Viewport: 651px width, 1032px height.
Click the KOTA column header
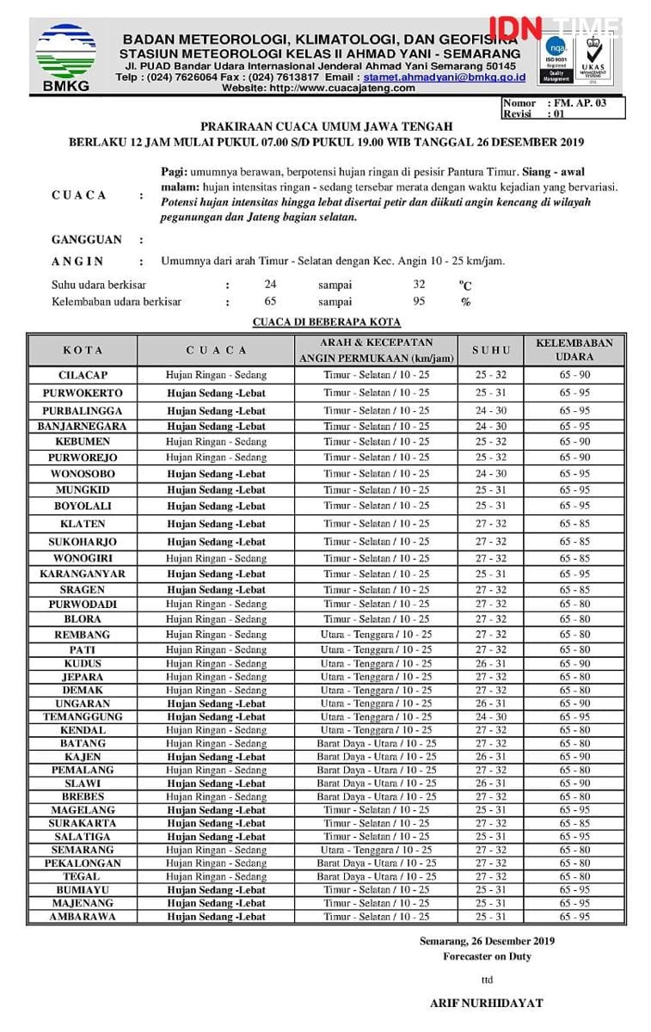pos(83,350)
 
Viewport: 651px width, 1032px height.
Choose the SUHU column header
pos(491,350)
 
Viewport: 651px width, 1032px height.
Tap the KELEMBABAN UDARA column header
pos(574,349)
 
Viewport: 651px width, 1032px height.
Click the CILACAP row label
pos(83,375)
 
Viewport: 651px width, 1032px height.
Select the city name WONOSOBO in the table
pos(83,474)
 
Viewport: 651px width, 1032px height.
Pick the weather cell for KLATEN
pos(216,524)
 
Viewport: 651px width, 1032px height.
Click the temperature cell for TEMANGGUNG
pos(491,716)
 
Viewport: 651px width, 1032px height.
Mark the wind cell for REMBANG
pos(376,635)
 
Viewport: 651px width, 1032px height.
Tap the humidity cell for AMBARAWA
pos(574,917)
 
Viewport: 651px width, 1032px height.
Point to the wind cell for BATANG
pos(376,743)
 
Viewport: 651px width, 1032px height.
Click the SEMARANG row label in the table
pos(83,850)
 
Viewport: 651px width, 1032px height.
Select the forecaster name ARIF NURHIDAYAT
pos(486,1003)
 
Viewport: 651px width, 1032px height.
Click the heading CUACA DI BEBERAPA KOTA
pos(326,322)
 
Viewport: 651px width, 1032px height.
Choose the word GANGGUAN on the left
pos(87,239)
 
